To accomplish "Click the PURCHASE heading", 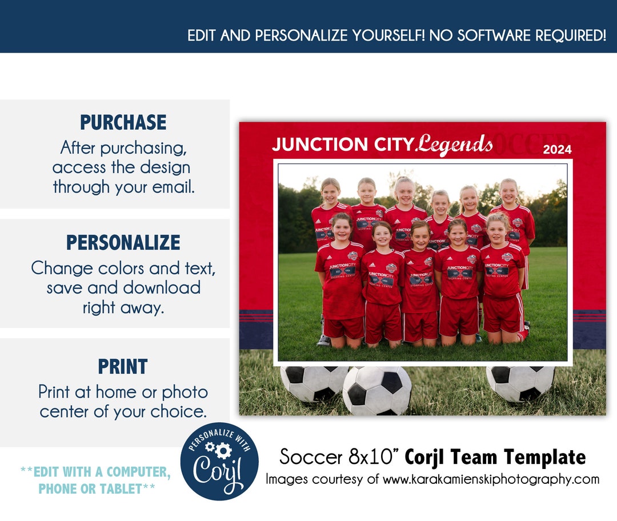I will tap(123, 122).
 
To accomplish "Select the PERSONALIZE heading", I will tap(123, 243).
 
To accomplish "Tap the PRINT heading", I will tap(123, 366).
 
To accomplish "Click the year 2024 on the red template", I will tap(557, 150).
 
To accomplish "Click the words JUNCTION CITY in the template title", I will tap(342, 145).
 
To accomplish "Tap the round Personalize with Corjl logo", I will tap(219, 462).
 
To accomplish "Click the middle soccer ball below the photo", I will tap(377, 391).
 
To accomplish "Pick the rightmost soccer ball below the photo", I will tap(520, 383).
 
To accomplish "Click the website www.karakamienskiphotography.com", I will tap(491, 479).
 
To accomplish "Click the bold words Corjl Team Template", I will tap(495, 457).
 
